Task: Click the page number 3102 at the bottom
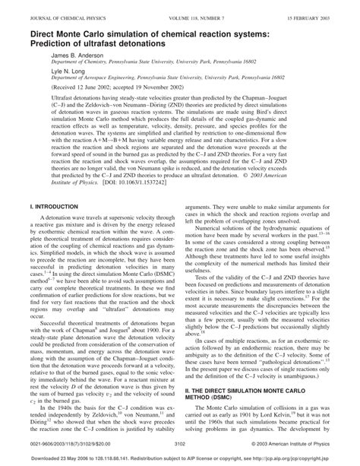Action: coord(180,442)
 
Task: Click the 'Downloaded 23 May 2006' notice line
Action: coord(180,458)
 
